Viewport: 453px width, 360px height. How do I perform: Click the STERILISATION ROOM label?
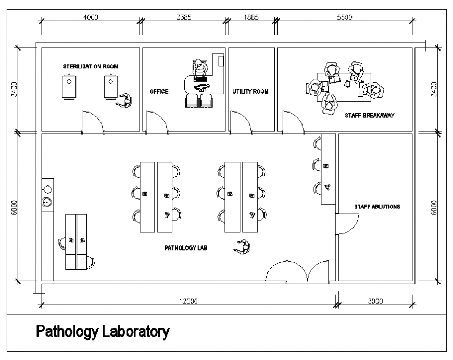[90, 67]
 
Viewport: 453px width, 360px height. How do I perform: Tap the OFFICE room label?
[159, 92]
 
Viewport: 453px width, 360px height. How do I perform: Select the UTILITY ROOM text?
[250, 92]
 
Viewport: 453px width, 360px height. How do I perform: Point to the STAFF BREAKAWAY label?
[369, 115]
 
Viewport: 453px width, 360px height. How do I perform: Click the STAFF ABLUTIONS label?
[377, 207]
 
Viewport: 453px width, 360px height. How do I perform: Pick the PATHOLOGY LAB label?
[186, 248]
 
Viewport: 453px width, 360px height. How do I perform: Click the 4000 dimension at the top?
[91, 17]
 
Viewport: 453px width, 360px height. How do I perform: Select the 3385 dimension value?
[184, 17]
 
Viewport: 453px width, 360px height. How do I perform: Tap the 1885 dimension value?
[251, 17]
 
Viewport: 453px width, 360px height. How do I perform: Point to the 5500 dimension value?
[345, 17]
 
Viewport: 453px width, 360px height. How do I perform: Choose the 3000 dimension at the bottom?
[375, 301]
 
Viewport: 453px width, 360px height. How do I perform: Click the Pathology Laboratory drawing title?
[103, 331]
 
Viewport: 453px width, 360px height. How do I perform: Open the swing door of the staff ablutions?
[346, 225]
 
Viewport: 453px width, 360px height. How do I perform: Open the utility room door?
[240, 122]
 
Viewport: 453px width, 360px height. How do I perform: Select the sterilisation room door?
[93, 123]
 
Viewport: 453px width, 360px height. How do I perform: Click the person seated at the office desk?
[198, 67]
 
